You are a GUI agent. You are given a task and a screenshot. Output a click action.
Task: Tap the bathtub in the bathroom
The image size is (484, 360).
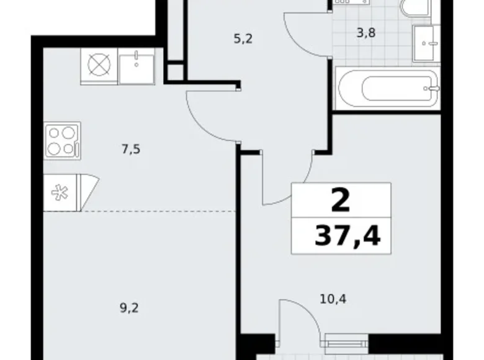[x=386, y=89]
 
